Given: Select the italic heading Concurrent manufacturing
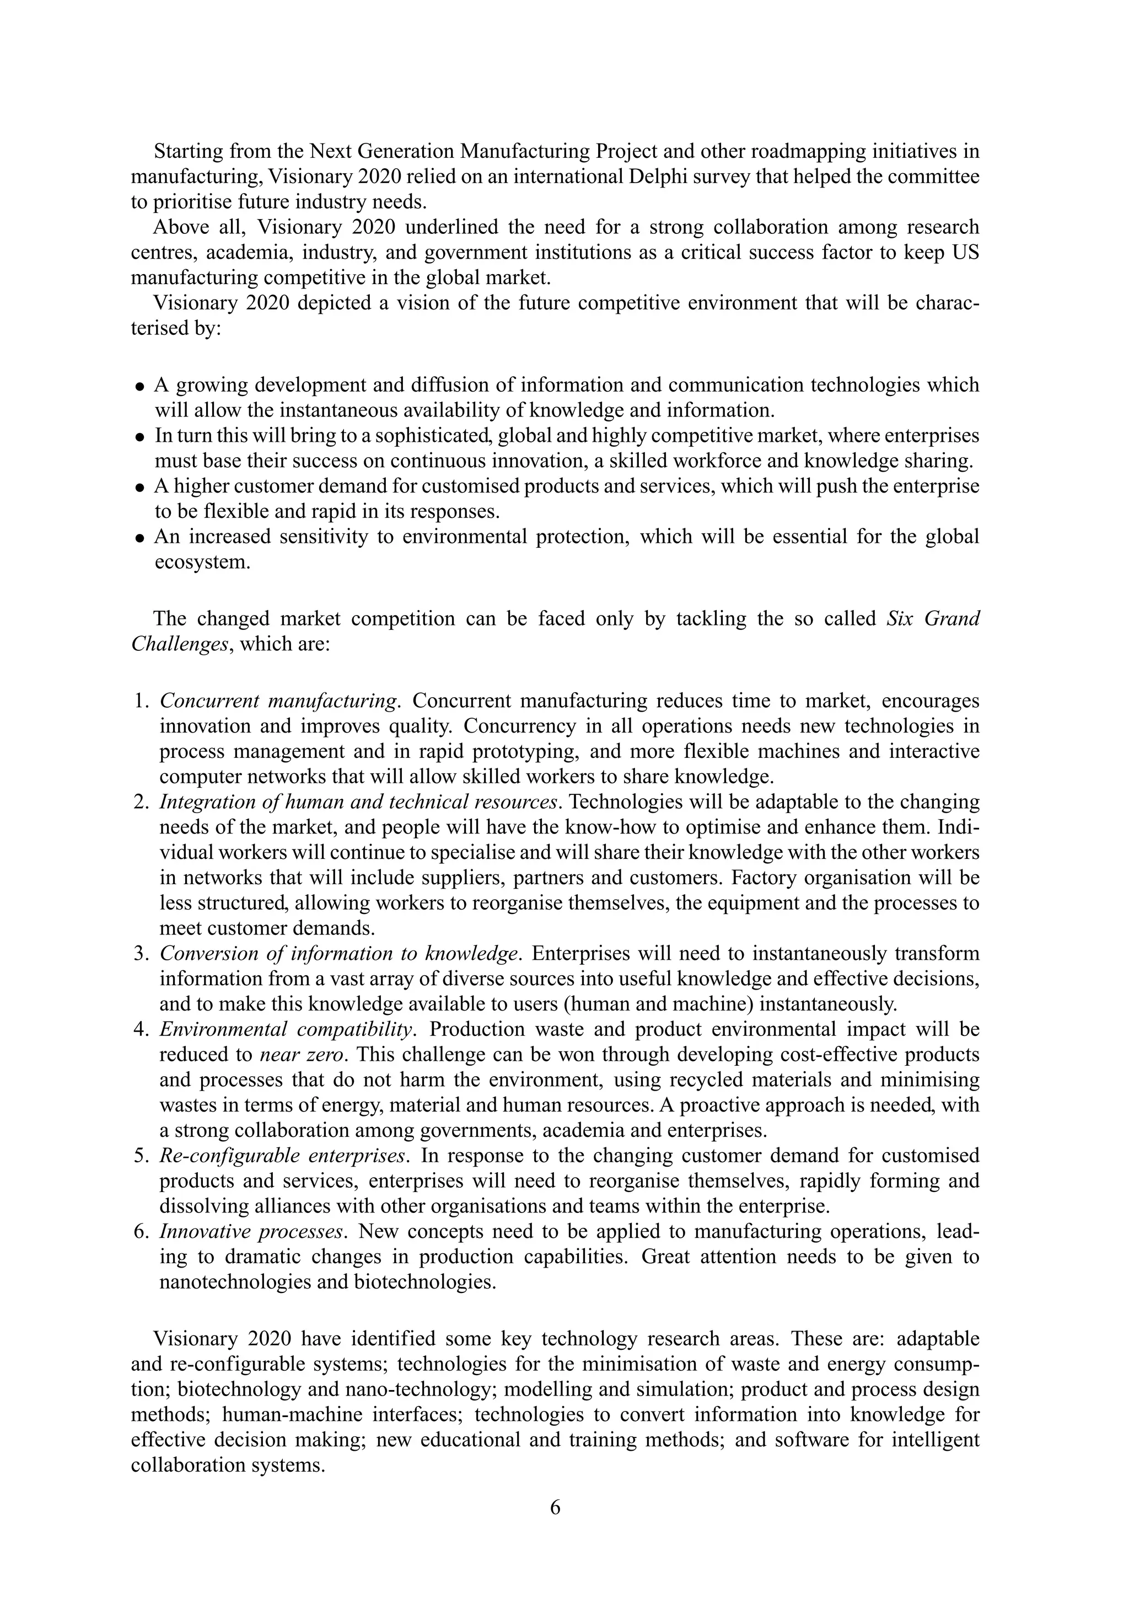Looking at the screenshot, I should pos(279,701).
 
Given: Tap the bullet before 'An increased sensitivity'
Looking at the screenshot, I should pos(140,538).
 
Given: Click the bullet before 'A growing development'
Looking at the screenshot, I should pos(140,387).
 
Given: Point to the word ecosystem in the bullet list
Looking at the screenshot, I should pos(202,563).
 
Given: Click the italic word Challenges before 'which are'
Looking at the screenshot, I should pos(180,644).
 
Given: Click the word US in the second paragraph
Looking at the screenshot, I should pos(965,253).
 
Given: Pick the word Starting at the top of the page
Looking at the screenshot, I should pos(185,151).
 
